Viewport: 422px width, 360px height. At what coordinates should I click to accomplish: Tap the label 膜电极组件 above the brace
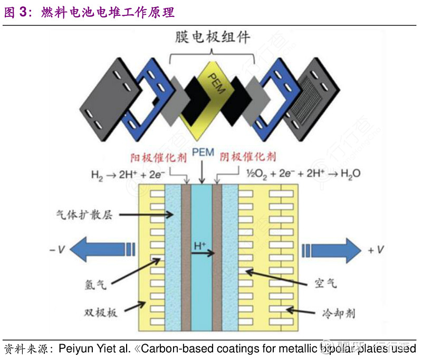point(212,38)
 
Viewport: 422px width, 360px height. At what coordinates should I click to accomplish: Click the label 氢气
point(95,285)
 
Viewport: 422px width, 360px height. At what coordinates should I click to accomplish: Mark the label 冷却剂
point(338,313)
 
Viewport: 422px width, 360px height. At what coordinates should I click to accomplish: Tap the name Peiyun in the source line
point(77,349)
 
